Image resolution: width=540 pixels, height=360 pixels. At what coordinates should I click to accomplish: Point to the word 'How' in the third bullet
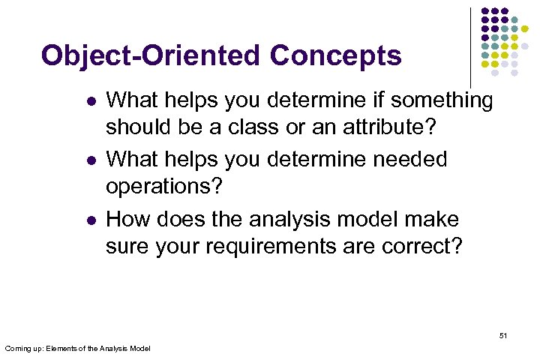(x=127, y=219)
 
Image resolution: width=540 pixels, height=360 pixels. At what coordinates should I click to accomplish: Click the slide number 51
(x=502, y=335)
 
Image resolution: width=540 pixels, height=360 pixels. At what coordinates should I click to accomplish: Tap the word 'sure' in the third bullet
(x=128, y=246)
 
